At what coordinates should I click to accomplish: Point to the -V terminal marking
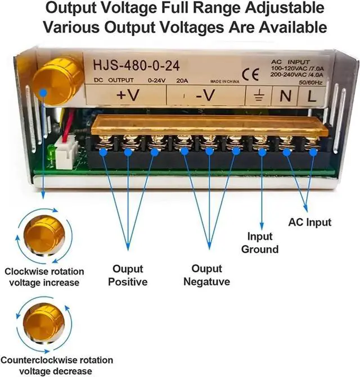tap(205, 96)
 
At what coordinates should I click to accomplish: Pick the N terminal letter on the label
tap(286, 96)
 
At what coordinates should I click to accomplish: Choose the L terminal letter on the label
tap(310, 96)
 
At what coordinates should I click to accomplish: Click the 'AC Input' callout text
tap(309, 222)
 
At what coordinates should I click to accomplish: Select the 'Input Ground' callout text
tap(260, 243)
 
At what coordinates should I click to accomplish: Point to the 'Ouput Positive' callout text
tap(128, 275)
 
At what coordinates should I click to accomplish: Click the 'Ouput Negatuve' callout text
tap(206, 275)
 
